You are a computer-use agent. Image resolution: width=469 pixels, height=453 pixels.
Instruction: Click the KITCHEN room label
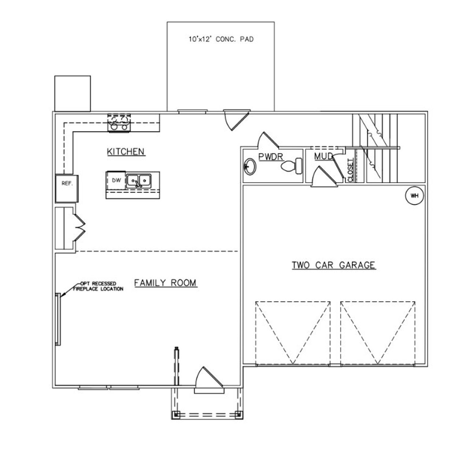[126, 151]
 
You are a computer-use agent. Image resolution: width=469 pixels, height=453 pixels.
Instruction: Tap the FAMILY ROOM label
[165, 283]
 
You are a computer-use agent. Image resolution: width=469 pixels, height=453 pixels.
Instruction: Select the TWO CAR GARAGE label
[333, 265]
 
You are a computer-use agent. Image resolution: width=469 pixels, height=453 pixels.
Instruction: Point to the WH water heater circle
[414, 196]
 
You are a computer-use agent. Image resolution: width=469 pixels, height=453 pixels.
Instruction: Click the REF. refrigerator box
[67, 188]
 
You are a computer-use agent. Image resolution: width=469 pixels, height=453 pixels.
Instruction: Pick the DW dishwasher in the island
[116, 180]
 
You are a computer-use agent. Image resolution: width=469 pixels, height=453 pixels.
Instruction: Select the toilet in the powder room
[292, 166]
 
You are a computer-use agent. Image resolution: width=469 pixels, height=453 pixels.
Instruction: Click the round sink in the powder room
[250, 167]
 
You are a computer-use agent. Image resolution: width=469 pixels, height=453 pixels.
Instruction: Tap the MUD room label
[323, 156]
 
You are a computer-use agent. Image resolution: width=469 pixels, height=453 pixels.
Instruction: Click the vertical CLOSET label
[350, 170]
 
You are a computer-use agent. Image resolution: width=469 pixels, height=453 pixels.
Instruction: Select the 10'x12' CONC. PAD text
[221, 39]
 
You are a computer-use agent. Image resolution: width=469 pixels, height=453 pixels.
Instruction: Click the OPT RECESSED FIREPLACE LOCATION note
[98, 286]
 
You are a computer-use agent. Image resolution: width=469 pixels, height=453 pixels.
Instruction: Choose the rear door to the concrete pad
[235, 118]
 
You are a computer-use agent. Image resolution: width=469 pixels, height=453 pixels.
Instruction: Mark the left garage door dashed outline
[293, 333]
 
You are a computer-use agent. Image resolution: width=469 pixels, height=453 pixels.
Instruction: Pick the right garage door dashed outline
[378, 333]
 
